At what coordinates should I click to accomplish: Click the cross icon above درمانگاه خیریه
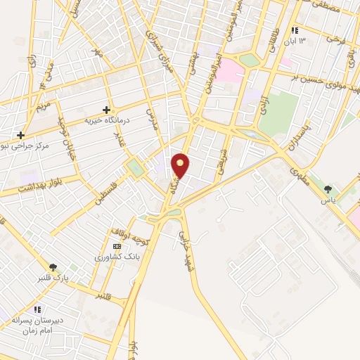point(106,110)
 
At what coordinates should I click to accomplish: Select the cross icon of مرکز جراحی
point(21,135)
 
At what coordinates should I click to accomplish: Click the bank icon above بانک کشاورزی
point(117,247)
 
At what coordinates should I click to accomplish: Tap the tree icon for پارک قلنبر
point(53,267)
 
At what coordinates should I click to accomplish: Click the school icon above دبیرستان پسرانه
point(38,309)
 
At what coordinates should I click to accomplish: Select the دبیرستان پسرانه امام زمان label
point(37,325)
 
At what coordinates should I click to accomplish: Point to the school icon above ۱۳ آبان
point(295,31)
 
